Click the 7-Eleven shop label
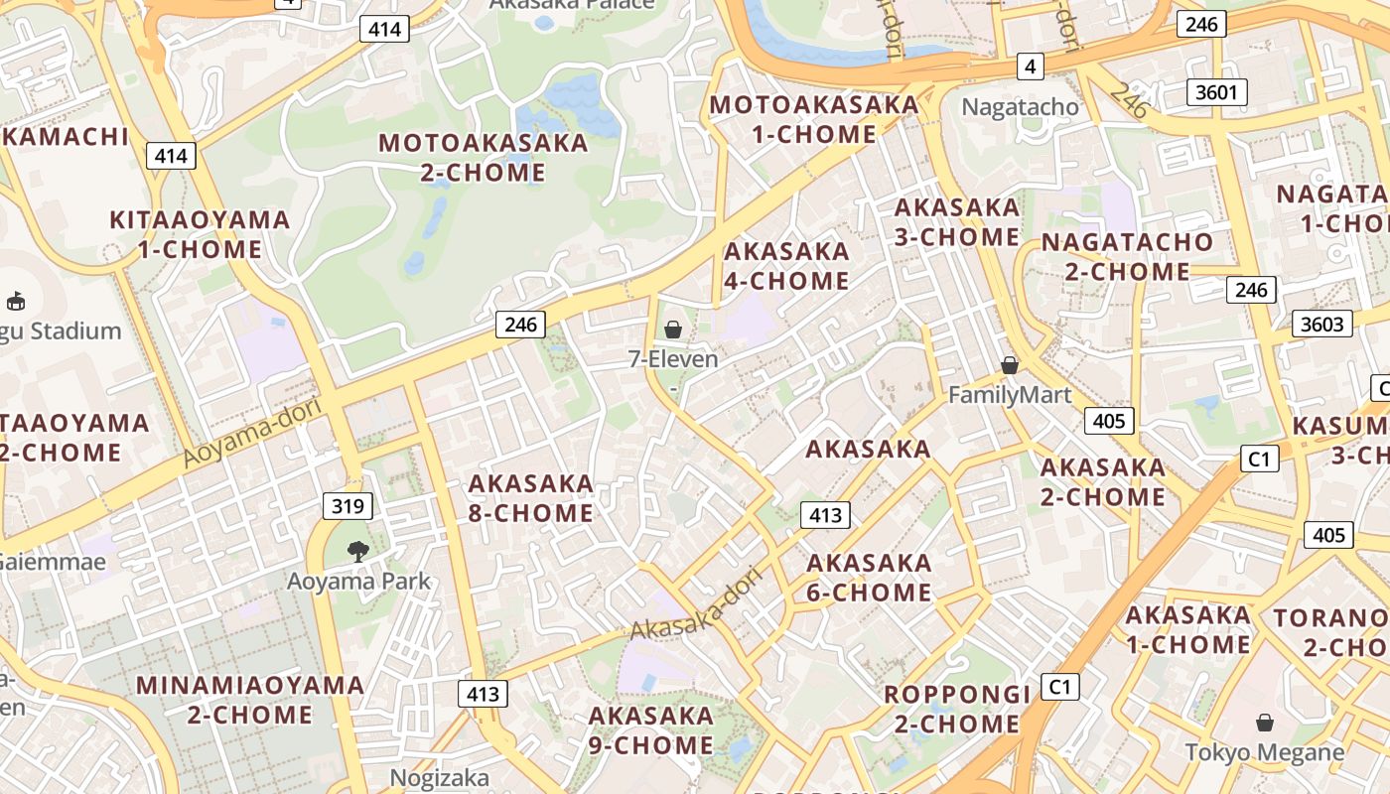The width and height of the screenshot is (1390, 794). (x=672, y=359)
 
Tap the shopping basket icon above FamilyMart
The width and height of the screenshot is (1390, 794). (x=1010, y=365)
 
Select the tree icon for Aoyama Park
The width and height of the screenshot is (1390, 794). (x=357, y=551)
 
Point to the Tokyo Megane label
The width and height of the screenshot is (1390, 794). (x=1265, y=752)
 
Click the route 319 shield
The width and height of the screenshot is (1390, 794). (x=347, y=506)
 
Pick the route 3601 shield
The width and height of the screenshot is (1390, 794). (x=1216, y=92)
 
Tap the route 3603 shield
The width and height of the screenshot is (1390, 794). (x=1321, y=324)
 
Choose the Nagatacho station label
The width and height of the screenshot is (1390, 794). (x=1021, y=106)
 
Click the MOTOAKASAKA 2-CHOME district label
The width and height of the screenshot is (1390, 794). (x=484, y=157)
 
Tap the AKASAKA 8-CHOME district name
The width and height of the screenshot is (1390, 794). (x=531, y=498)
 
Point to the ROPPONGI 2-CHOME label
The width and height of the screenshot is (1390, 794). (x=957, y=709)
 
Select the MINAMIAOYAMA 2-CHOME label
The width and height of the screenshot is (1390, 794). (x=250, y=700)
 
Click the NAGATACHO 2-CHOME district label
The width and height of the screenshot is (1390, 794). (x=1127, y=256)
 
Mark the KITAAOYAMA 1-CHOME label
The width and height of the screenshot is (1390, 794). (x=200, y=234)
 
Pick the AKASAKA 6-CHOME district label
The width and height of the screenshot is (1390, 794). (x=869, y=578)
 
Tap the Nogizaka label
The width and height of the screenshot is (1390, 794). (x=439, y=777)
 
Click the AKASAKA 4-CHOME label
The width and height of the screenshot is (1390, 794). (x=786, y=266)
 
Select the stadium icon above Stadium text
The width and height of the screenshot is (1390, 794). (x=16, y=300)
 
